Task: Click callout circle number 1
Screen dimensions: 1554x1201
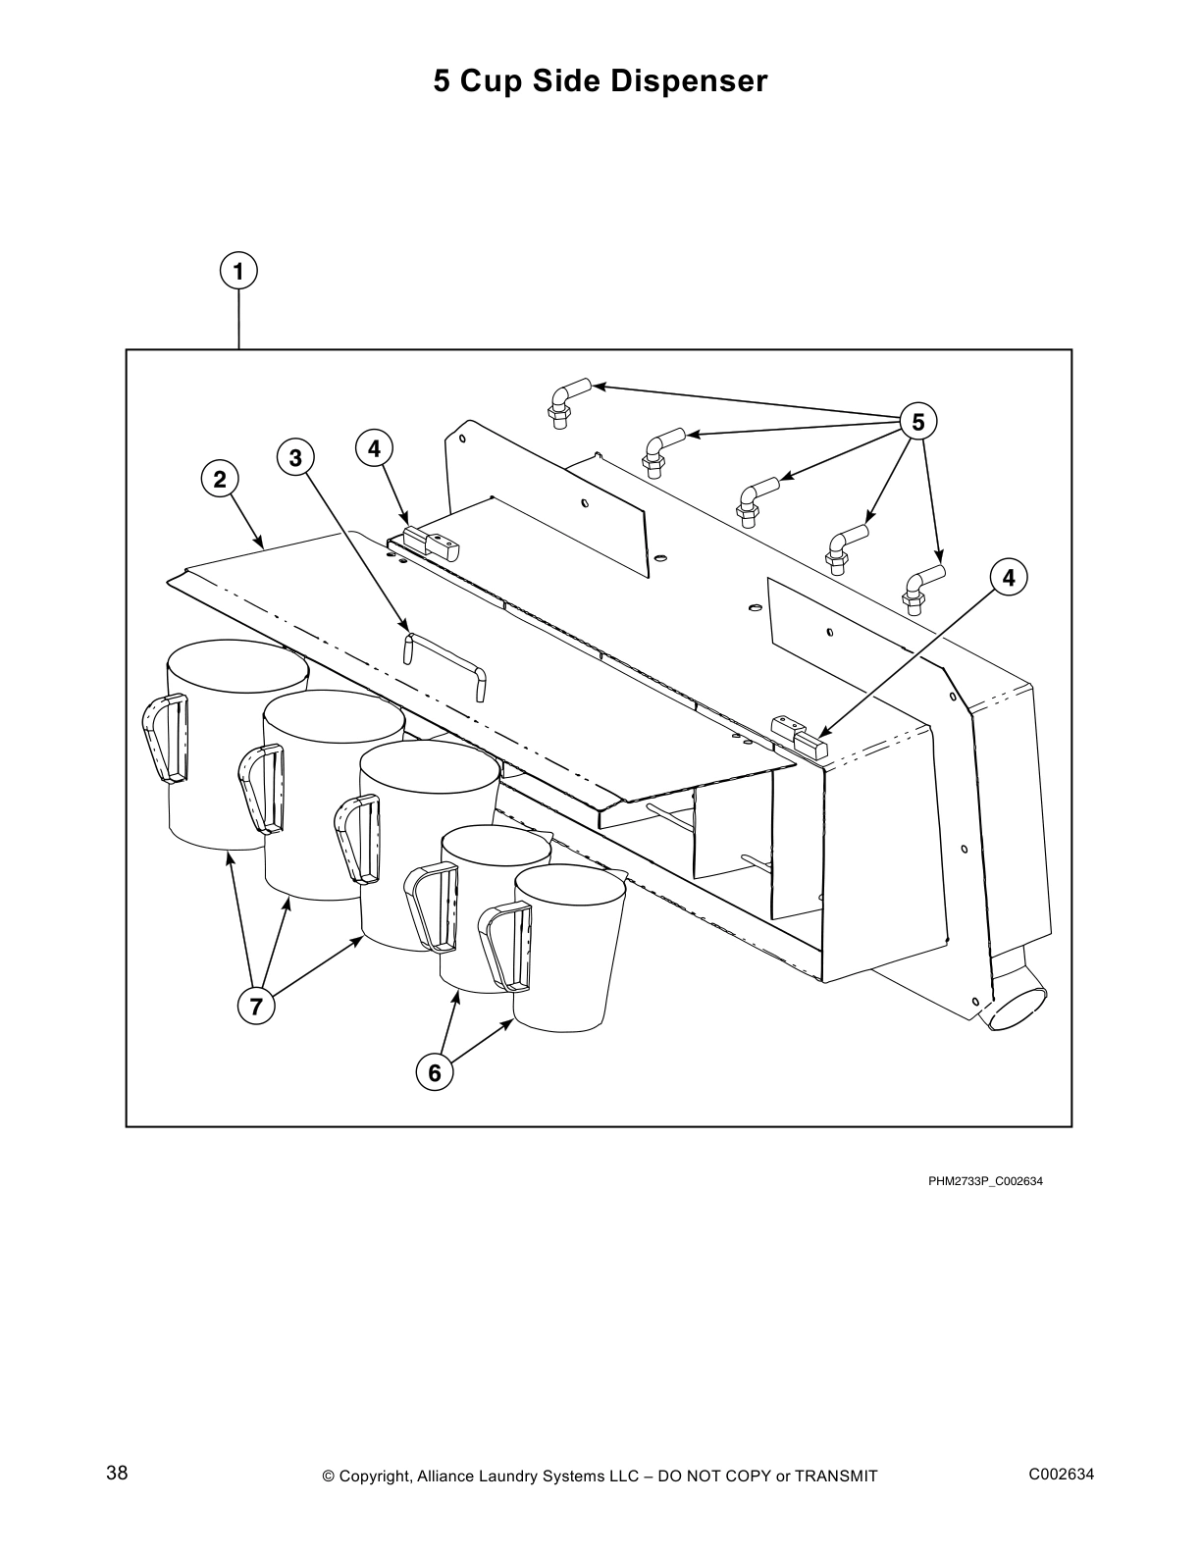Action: [238, 271]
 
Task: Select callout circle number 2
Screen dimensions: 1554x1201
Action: [220, 479]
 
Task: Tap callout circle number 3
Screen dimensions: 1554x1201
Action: [295, 457]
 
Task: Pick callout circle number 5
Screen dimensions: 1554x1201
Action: [917, 422]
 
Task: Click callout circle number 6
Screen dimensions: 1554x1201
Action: [435, 1072]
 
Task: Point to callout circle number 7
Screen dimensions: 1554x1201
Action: [256, 1007]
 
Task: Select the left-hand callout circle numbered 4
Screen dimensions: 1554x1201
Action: [374, 449]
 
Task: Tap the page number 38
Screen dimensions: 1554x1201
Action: [117, 1474]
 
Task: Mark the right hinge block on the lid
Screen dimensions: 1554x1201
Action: [799, 737]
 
